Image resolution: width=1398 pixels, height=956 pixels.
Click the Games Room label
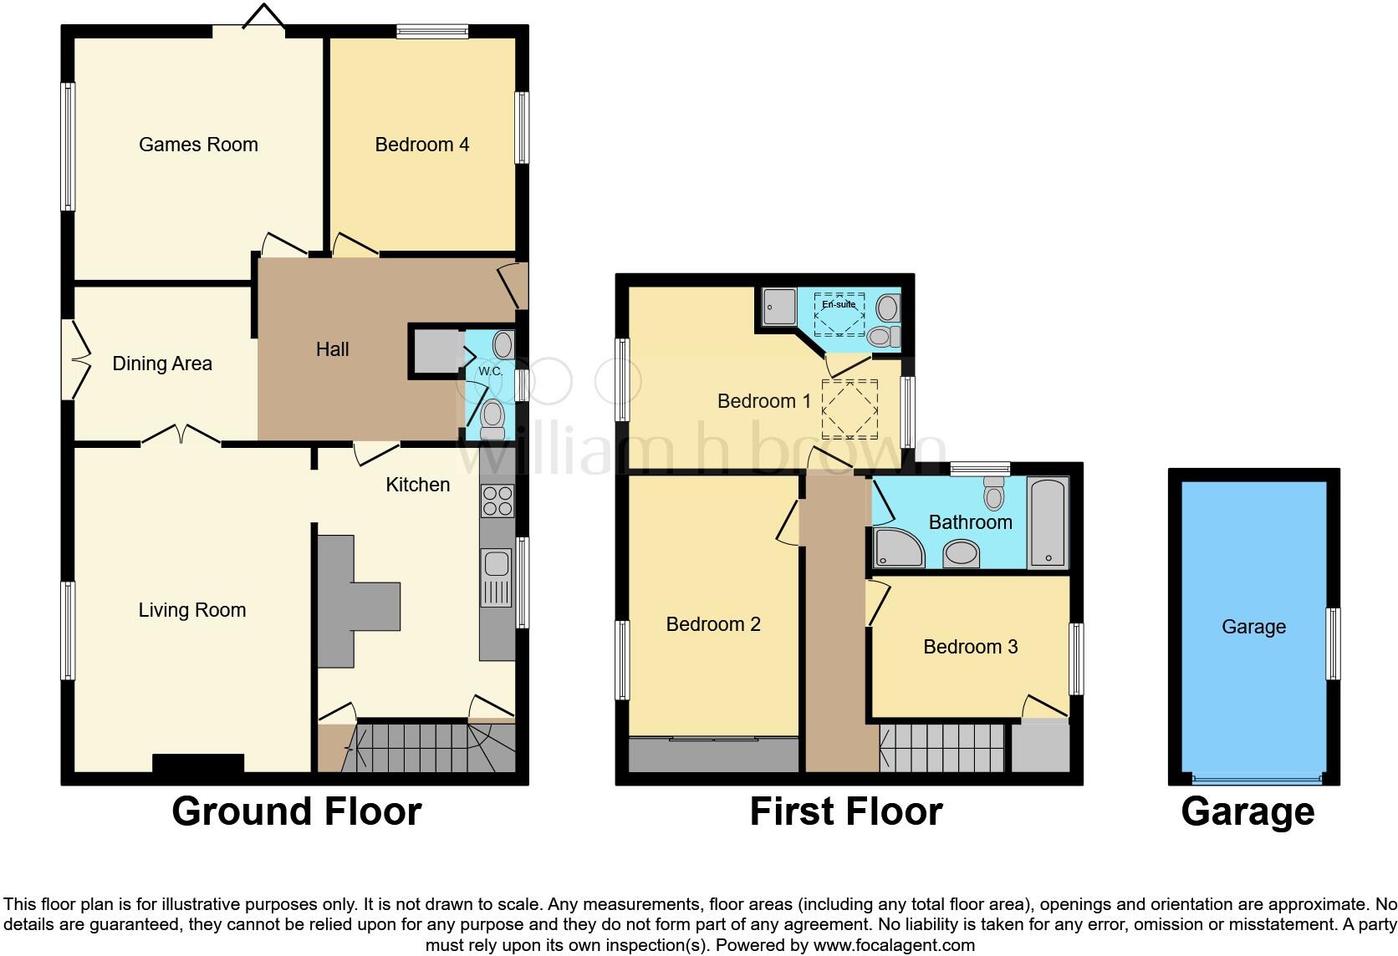[198, 145]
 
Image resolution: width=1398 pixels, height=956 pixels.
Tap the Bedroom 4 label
[421, 145]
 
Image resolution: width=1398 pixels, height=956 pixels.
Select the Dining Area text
[162, 364]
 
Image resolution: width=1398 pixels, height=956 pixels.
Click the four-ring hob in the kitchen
[497, 501]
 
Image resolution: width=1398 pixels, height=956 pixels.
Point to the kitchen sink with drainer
[497, 577]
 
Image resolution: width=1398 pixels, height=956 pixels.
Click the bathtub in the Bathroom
[1048, 523]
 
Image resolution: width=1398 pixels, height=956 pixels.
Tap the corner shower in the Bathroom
[897, 547]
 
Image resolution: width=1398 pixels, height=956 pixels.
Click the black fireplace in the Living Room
[198, 763]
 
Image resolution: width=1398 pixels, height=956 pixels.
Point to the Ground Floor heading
[296, 811]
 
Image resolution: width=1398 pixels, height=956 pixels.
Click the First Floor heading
[846, 811]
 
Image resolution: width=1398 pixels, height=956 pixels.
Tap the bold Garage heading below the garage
[1247, 811]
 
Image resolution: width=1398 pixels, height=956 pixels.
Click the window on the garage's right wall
[1334, 643]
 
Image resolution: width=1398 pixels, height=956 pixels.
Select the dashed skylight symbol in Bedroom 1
[850, 409]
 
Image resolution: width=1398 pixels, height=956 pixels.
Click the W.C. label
[490, 371]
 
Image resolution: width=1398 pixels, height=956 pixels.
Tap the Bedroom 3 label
[970, 647]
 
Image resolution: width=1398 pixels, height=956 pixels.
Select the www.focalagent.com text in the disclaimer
[893, 945]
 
